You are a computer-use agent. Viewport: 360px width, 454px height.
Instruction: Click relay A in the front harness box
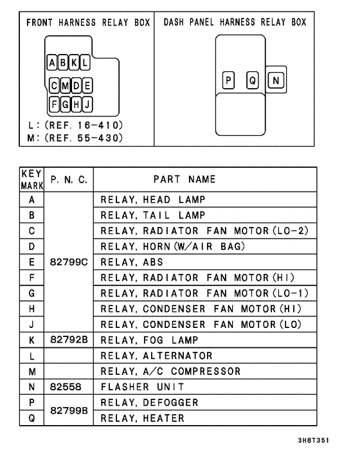[x=52, y=63]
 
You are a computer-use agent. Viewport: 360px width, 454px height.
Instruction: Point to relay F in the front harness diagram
[x=55, y=103]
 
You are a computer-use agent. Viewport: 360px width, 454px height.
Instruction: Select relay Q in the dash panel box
[x=252, y=80]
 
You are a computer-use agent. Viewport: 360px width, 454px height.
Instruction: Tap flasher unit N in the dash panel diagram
[x=275, y=80]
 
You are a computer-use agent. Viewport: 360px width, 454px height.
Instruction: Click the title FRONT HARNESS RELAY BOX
[x=88, y=23]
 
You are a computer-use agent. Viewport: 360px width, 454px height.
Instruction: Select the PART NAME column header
[x=184, y=179]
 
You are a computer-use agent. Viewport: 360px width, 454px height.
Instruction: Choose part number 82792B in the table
[x=69, y=340]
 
